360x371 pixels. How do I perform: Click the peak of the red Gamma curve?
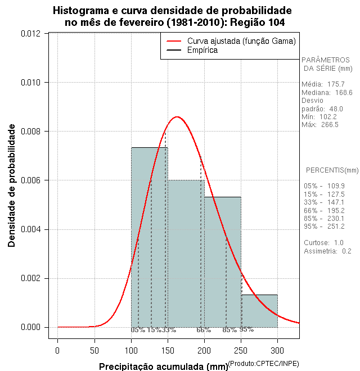point(177,117)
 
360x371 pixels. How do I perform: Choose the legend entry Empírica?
point(202,51)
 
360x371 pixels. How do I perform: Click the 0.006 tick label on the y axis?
point(30,180)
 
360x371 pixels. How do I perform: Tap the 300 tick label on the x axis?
point(277,351)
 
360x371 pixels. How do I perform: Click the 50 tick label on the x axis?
point(94,351)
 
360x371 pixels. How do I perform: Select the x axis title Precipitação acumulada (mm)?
point(163,367)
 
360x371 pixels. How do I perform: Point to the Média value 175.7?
point(341,84)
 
